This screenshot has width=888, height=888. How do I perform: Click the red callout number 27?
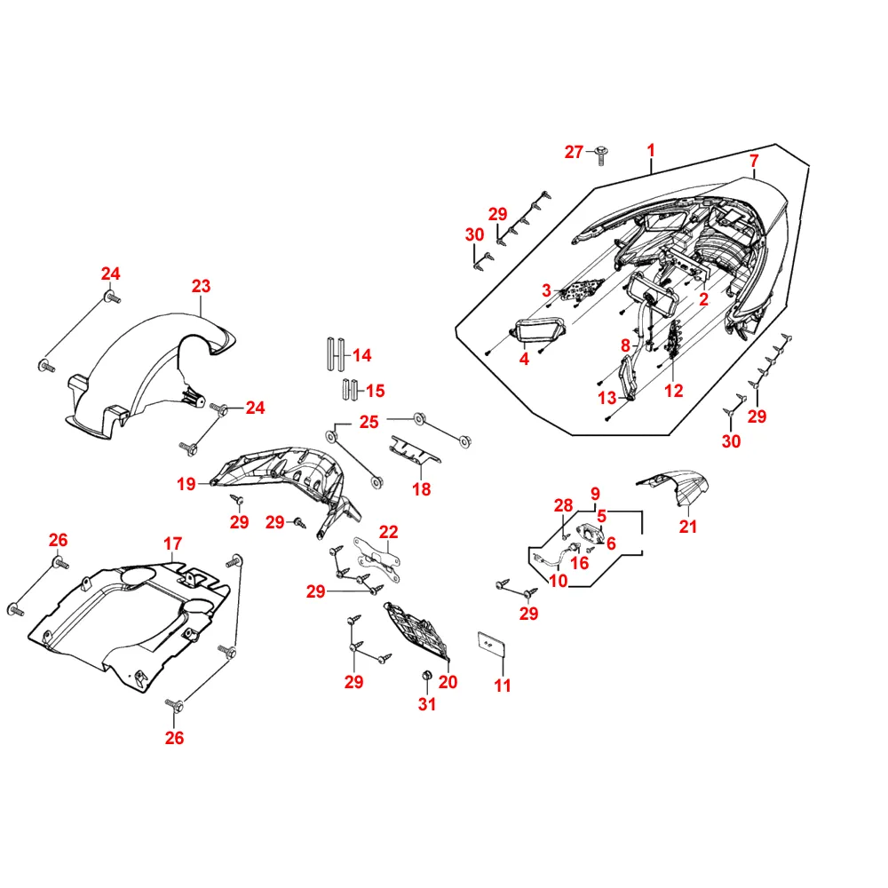(x=574, y=152)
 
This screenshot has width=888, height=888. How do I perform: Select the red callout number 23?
(x=202, y=286)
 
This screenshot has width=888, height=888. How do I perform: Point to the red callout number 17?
(x=172, y=543)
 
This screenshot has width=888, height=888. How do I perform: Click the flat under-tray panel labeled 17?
(x=133, y=613)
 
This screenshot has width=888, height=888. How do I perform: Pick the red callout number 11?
(x=503, y=686)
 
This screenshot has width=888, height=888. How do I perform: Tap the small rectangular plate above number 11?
(x=491, y=642)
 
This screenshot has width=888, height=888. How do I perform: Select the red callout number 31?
(x=428, y=705)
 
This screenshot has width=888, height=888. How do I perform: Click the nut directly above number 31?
(x=425, y=678)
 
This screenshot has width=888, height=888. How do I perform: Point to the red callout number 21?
(x=689, y=527)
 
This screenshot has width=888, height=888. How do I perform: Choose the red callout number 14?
(x=361, y=355)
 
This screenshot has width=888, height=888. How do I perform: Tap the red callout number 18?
(x=421, y=488)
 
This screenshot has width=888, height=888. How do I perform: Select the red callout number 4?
(x=524, y=359)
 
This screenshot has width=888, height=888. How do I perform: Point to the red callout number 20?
(x=448, y=682)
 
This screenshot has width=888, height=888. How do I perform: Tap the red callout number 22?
(x=389, y=532)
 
